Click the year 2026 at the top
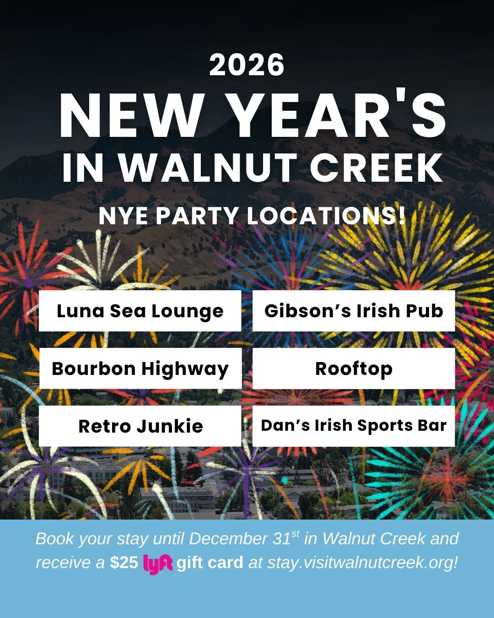coord(247,65)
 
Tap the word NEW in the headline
coord(131,115)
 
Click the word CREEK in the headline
coord(376,168)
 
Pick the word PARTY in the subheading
coord(198,216)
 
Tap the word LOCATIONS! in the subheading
coord(326,216)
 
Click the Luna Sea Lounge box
coord(140,311)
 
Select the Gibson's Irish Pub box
coord(354,311)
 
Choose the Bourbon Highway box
coord(140,369)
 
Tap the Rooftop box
coord(354,369)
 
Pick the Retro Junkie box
coord(140,426)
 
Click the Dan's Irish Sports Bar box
coord(354,426)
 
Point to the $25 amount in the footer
coord(124,563)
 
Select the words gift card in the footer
coord(210,563)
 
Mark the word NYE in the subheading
coord(123,216)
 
